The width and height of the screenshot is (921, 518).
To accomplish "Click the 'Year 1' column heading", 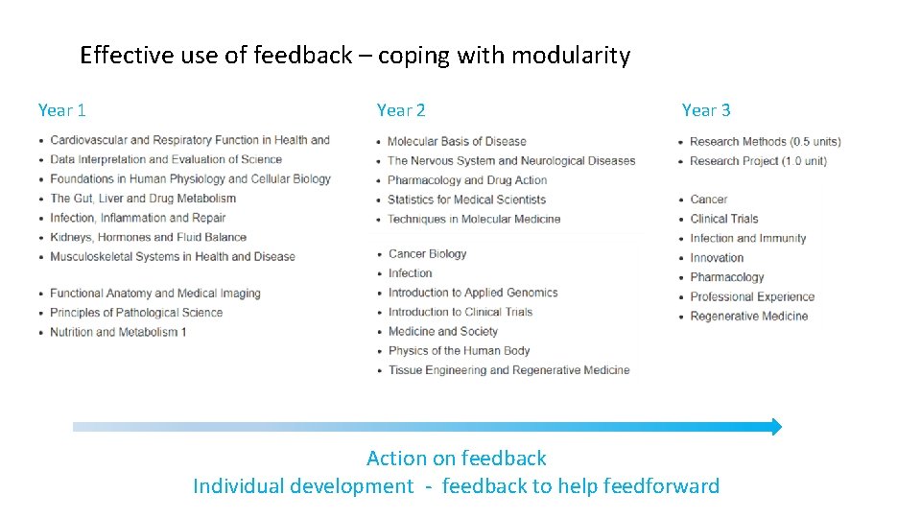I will pyautogui.click(x=62, y=110).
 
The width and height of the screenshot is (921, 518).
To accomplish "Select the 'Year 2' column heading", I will pyautogui.click(x=401, y=110).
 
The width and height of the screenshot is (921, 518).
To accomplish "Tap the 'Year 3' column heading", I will pyautogui.click(x=706, y=110).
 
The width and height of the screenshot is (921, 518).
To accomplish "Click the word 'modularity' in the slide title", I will pyautogui.click(x=571, y=56).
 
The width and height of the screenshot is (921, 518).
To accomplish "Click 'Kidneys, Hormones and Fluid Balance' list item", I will pyautogui.click(x=148, y=237).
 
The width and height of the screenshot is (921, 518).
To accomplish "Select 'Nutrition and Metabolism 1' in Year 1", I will pyautogui.click(x=118, y=332).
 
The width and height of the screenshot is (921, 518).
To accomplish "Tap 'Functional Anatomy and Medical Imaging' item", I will pyautogui.click(x=154, y=294).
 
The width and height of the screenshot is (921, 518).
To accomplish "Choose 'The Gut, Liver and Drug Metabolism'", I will pyautogui.click(x=143, y=199).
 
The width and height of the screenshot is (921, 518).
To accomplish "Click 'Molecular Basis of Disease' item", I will pyautogui.click(x=457, y=141).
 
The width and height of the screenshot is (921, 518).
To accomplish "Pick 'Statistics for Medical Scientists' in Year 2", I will pyautogui.click(x=466, y=200).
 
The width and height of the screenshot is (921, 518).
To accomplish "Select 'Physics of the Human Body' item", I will pyautogui.click(x=459, y=351).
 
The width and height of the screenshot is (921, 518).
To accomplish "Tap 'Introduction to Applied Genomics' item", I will pyautogui.click(x=473, y=293).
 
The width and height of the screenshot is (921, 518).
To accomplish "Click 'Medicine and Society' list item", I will pyautogui.click(x=443, y=332).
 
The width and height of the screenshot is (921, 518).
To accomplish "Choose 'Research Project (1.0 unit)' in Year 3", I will pyautogui.click(x=758, y=161).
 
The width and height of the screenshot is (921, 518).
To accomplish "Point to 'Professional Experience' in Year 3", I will pyautogui.click(x=752, y=296).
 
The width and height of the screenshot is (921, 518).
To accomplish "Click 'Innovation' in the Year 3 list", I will pyautogui.click(x=717, y=258).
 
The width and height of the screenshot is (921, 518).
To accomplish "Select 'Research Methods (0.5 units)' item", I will pyautogui.click(x=765, y=142).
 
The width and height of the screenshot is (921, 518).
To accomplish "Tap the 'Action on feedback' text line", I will pyautogui.click(x=457, y=459).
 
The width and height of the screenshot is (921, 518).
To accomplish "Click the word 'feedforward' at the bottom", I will pyautogui.click(x=661, y=486).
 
